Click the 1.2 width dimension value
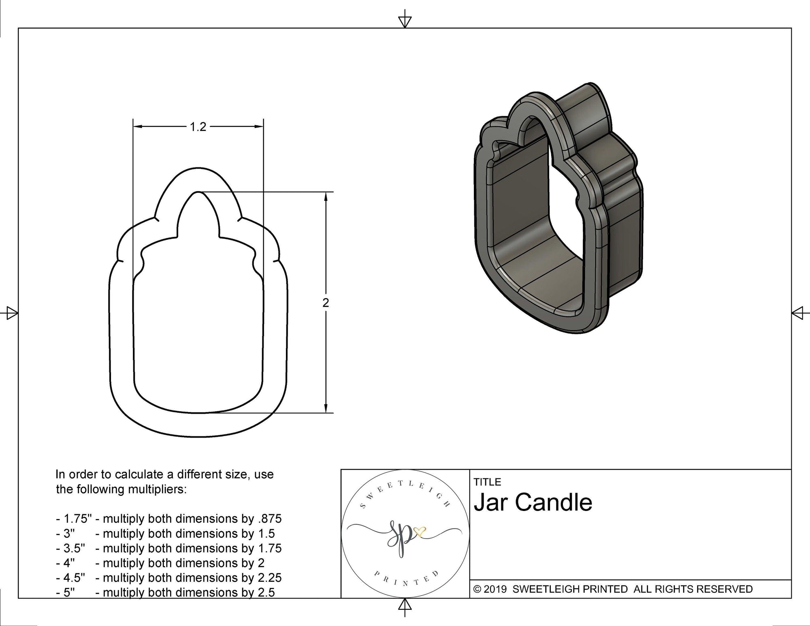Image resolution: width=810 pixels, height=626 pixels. click(x=198, y=127)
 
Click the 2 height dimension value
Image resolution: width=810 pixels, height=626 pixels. click(x=326, y=303)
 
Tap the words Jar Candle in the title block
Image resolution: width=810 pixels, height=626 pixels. click(x=533, y=502)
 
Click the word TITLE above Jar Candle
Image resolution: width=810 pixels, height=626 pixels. click(x=487, y=482)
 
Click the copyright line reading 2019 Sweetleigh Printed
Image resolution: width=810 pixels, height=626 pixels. click(x=613, y=589)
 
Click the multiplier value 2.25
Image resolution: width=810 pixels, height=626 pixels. click(x=269, y=577)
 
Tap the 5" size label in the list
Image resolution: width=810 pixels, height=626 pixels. click(x=69, y=592)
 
